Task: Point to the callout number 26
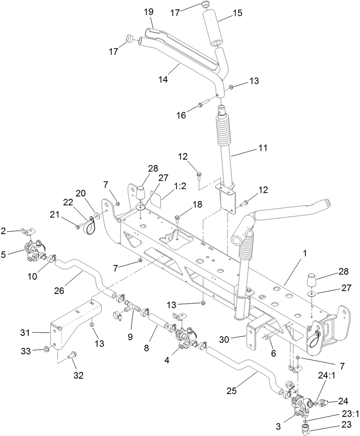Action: pyautogui.click(x=60, y=291)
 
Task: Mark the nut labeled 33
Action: pyautogui.click(x=46, y=350)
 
